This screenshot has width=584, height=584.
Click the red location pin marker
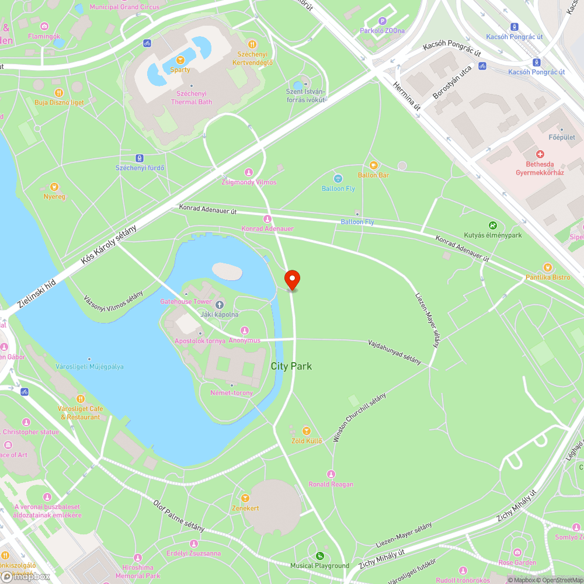[291, 279]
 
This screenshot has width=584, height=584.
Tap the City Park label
[291, 366]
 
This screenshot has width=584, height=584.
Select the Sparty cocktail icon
[180, 60]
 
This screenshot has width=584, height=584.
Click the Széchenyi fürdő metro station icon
[140, 158]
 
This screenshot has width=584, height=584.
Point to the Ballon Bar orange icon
[373, 165]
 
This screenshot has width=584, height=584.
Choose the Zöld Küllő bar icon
[306, 431]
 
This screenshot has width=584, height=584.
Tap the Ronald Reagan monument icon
[331, 474]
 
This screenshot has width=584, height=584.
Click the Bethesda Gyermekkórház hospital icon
[540, 155]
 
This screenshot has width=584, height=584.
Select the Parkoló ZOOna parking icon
[383, 22]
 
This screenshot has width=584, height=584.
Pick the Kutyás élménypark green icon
[492, 225]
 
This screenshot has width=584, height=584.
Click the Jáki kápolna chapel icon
[220, 305]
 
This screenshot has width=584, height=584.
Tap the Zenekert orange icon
[245, 498]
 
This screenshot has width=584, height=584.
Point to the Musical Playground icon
[319, 556]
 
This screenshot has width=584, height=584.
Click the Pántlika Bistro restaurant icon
[547, 267]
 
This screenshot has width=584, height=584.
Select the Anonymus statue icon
[244, 331]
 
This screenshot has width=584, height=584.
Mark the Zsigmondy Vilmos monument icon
[249, 172]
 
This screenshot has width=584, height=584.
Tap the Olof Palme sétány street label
[179, 515]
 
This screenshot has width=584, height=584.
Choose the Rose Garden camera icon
[517, 552]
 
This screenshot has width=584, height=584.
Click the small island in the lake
[227, 271]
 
